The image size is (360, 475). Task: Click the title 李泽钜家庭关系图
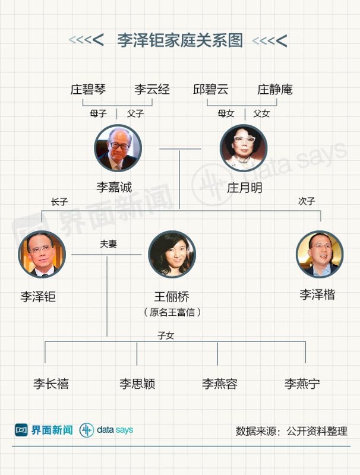point(180,40)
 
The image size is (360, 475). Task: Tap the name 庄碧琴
point(88,90)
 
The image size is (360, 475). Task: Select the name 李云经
point(151,90)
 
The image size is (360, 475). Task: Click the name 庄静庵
point(274,90)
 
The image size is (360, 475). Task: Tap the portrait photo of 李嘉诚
point(118,148)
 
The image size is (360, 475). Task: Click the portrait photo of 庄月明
point(243,148)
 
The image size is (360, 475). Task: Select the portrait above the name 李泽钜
point(42,254)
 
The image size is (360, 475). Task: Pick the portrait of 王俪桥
point(172,254)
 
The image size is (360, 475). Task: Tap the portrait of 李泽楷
point(320,254)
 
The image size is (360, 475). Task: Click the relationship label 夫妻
point(108,243)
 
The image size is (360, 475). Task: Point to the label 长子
point(59,201)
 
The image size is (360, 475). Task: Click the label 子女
point(166,335)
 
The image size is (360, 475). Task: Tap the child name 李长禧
point(50,384)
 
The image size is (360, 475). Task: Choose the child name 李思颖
point(137,384)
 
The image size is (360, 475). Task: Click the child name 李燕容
point(219,384)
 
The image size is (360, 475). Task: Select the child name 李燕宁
point(302,384)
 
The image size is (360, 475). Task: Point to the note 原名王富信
point(172,312)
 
